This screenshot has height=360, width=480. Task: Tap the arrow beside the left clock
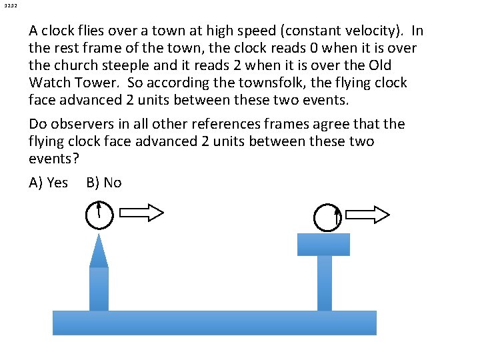(143, 213)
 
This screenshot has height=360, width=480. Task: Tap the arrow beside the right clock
(369, 215)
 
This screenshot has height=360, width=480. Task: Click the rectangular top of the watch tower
(323, 245)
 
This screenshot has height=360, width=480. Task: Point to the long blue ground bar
(214, 323)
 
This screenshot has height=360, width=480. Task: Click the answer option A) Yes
(49, 183)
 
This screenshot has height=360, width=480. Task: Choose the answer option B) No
(104, 183)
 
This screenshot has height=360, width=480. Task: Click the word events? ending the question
(51, 159)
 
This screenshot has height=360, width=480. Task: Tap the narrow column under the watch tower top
(324, 283)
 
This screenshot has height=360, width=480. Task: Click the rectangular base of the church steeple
(99, 289)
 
